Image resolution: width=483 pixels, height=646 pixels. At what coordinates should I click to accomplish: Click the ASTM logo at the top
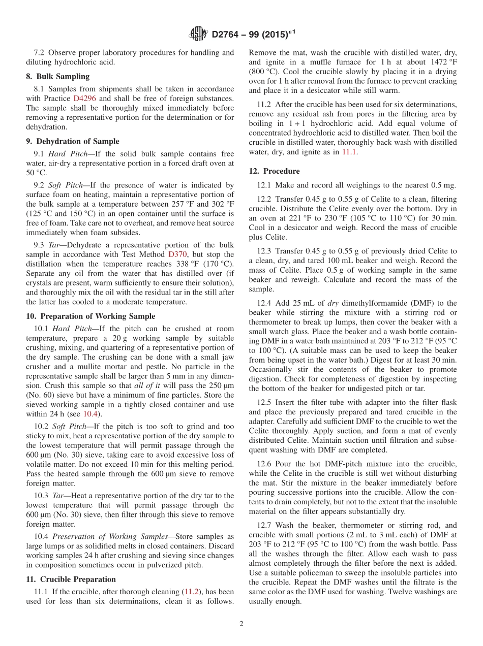pyautogui.click(x=198, y=34)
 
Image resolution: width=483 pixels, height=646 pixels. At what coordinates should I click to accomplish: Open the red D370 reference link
pyautogui.click(x=177, y=254)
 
